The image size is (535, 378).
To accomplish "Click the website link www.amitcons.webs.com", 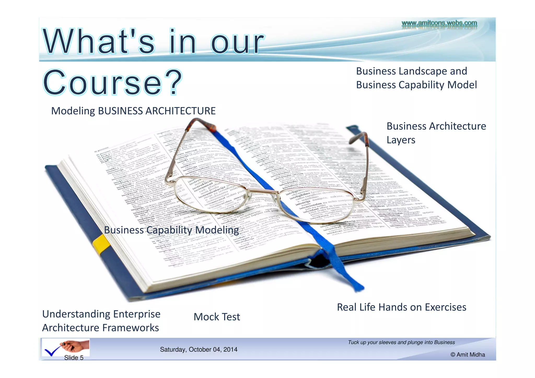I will click(439, 23).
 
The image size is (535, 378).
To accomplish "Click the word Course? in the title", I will click(112, 82).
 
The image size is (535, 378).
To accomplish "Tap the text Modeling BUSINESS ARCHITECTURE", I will click(133, 111).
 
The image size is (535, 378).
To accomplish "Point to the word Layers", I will click(401, 140).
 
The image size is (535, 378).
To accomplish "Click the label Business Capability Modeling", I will click(171, 230).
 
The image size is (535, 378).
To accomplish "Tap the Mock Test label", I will click(217, 317).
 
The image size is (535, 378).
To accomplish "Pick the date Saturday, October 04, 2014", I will click(199, 350).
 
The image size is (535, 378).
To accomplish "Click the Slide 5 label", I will click(74, 358).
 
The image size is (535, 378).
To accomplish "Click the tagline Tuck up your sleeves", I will click(401, 342).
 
